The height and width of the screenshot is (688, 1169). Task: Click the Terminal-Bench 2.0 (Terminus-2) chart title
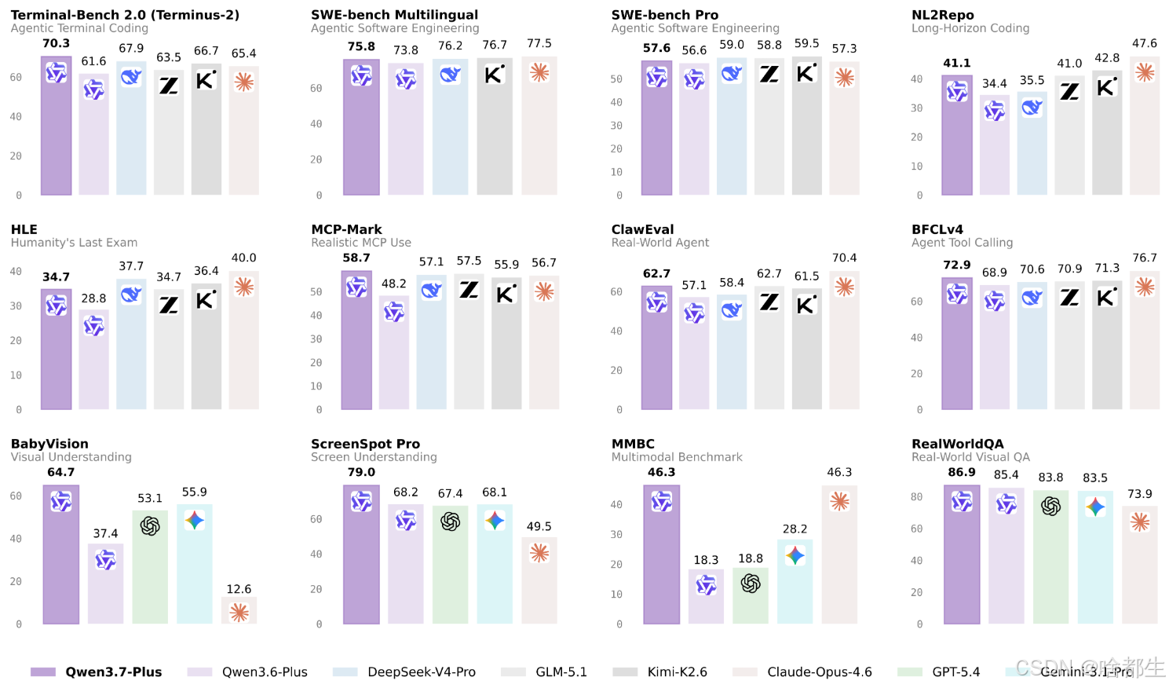[126, 15]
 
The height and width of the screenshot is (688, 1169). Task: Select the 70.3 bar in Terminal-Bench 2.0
[57, 126]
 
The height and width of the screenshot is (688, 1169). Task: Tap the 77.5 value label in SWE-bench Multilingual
[539, 43]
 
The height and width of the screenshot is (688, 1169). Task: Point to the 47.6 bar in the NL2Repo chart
[1145, 126]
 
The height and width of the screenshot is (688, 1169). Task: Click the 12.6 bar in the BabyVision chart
[239, 610]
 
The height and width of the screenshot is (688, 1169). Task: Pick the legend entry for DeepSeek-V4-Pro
[404, 672]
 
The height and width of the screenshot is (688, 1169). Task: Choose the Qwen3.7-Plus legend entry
[97, 672]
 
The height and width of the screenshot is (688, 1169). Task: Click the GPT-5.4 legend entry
[939, 672]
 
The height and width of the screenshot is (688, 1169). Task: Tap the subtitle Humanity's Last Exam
[74, 242]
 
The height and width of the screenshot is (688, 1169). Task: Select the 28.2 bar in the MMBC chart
[795, 581]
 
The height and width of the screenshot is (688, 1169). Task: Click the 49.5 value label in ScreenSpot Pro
[539, 526]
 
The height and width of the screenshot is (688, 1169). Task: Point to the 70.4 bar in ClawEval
[845, 340]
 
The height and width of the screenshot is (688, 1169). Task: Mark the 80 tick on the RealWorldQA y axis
[916, 496]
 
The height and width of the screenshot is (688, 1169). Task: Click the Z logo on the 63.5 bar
[169, 85]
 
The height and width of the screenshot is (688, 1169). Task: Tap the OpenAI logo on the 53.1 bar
[150, 525]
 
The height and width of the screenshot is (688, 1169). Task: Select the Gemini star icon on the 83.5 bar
[1095, 507]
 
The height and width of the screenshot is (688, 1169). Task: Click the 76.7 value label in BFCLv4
[1145, 258]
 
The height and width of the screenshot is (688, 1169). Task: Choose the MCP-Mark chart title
[346, 229]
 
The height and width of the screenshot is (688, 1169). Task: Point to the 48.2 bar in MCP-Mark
[394, 353]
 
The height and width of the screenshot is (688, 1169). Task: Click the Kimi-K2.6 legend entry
[660, 672]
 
